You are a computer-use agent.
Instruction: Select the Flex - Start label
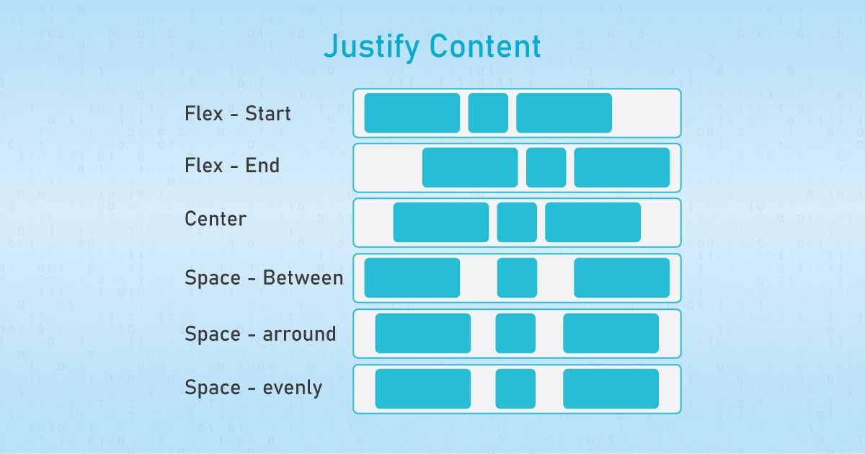pos(238,113)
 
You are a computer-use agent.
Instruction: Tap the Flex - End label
pos(232,166)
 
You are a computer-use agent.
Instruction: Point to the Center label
pos(216,218)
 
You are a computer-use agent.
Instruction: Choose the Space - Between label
pos(264,277)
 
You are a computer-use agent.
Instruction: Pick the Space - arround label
pos(260,334)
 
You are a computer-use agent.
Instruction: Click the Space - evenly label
pos(253,388)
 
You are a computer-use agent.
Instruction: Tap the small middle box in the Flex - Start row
pos(488,113)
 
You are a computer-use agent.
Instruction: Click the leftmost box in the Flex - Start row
pos(412,113)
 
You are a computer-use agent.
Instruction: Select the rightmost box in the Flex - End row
pos(621,167)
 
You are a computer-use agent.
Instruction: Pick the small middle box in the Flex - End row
pos(546,167)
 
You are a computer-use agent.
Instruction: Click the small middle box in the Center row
pos(517,222)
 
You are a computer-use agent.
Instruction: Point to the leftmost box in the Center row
pos(440,222)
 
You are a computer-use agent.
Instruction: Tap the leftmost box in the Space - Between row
pos(412,277)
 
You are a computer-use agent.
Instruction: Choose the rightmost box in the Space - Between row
pos(621,277)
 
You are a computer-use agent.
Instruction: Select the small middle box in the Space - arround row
pos(515,333)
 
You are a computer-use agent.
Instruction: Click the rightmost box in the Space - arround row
pos(611,333)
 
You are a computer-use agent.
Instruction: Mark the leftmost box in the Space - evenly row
pos(422,388)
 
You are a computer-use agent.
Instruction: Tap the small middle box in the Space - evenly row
pos(515,388)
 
